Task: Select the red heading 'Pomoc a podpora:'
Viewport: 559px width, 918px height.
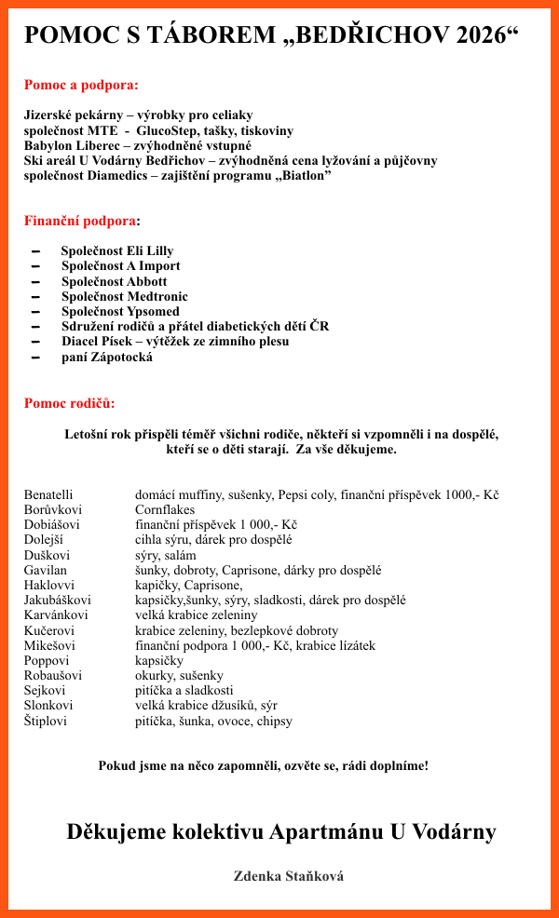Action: click(x=81, y=85)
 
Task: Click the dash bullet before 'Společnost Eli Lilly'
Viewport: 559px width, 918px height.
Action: click(x=36, y=251)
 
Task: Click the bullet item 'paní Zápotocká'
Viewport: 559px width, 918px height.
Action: click(x=106, y=357)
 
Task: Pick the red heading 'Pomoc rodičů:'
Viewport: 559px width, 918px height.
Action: click(x=70, y=403)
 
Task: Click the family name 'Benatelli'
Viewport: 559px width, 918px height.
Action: click(x=48, y=495)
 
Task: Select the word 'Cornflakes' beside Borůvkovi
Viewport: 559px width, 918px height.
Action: click(x=165, y=510)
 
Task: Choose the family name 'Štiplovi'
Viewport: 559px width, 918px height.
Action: click(x=46, y=721)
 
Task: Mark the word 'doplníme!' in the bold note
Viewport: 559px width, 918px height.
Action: click(x=399, y=765)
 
